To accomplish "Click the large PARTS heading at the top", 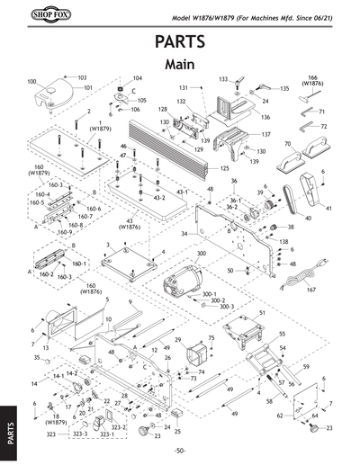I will tap(180, 42).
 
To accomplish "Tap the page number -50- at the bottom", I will tap(180, 450).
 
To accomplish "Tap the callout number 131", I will tap(184, 87).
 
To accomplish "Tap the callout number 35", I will tap(37, 358).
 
